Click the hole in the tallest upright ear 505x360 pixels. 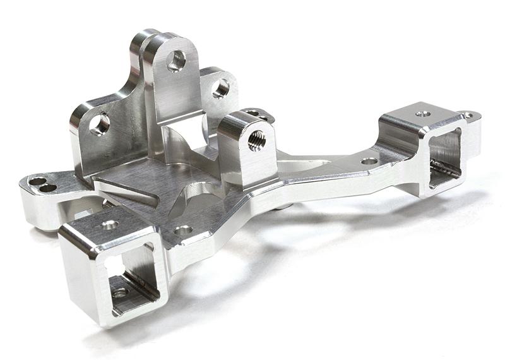coord(176,61)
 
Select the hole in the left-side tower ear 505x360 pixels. coord(99,124)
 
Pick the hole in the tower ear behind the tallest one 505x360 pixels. coord(220,88)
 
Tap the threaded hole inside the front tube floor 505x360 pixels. coord(120,293)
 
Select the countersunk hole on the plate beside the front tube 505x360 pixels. coord(183,231)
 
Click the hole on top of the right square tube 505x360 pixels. coord(423,114)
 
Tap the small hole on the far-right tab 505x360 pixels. coord(468,116)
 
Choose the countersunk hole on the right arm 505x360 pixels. coord(369,161)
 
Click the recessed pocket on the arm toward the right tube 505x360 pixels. coord(309,165)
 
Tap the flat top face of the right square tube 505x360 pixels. coord(417,117)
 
